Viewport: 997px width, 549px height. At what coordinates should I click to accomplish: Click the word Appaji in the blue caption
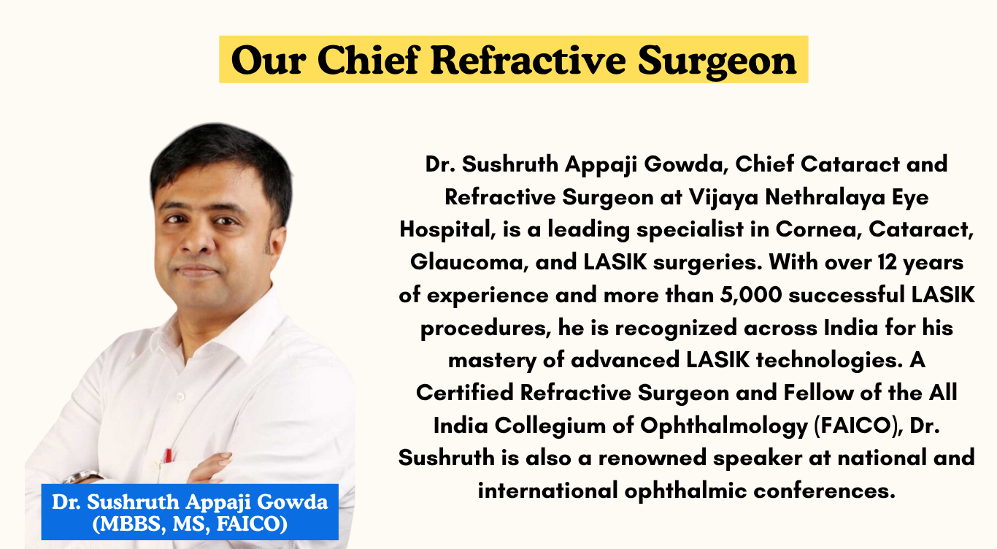[221, 503]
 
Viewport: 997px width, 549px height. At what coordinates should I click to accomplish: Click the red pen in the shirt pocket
[169, 456]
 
